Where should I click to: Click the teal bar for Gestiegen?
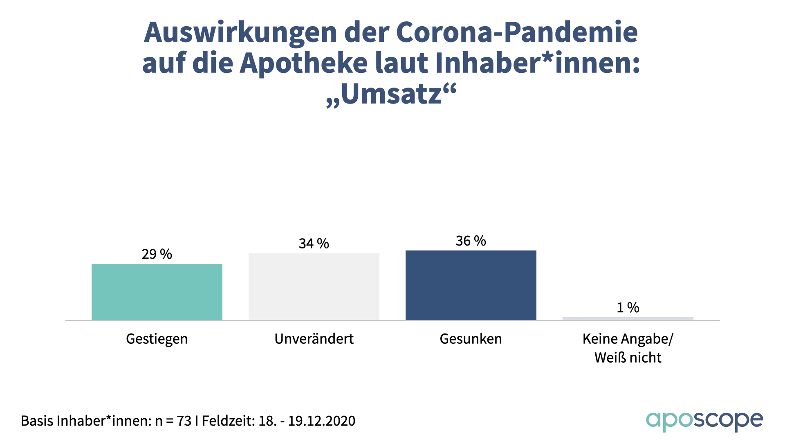point(157,292)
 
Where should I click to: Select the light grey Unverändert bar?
point(314,286)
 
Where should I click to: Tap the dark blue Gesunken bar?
point(471,285)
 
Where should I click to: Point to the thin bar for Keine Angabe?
point(628,318)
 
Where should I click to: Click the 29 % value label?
point(157,254)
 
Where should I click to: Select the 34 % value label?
point(314,244)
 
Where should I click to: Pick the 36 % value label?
point(471,241)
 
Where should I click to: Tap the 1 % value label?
point(628,307)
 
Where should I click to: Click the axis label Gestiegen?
point(157,339)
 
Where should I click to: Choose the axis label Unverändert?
point(314,339)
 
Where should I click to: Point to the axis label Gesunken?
point(471,339)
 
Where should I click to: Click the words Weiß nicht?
point(628,358)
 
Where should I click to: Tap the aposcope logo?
point(704,421)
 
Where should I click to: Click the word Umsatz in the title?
point(392,94)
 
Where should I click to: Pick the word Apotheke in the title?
point(304,63)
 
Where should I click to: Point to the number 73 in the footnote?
point(184,421)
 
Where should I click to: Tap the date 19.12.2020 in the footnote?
point(322,421)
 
